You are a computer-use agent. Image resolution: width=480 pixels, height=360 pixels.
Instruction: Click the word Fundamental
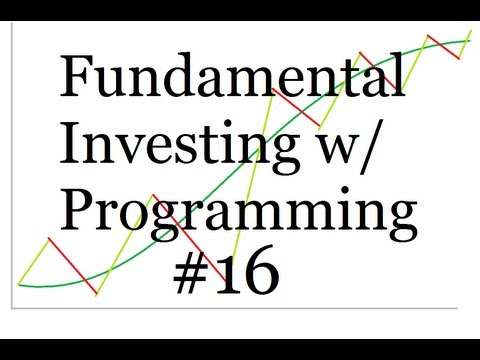pos(233,78)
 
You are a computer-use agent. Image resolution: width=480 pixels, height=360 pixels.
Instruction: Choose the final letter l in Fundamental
pos(399,76)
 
